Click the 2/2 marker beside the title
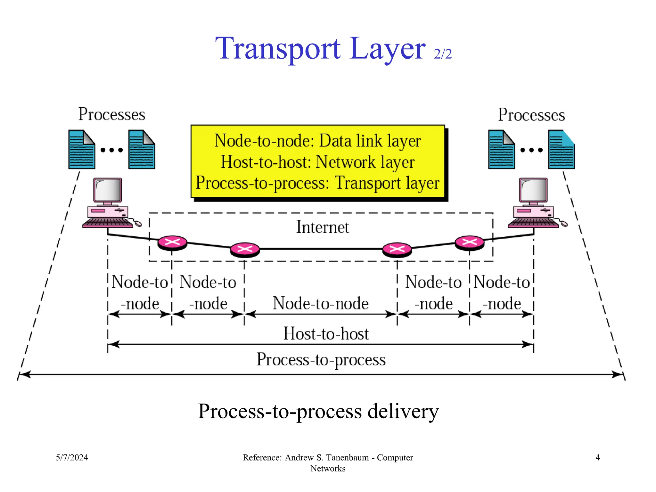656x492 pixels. (443, 54)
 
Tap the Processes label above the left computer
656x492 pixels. (112, 114)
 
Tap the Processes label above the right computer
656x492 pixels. (531, 115)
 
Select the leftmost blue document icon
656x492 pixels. (82, 150)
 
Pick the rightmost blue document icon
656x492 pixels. (562, 150)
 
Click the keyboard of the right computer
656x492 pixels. (533, 223)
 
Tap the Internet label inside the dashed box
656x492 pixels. (322, 227)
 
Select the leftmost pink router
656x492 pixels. (172, 242)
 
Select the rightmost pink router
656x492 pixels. (470, 242)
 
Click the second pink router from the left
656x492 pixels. (245, 250)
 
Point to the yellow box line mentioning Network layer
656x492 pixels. (318, 162)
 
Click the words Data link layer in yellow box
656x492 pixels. (370, 141)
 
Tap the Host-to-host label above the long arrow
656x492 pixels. (326, 334)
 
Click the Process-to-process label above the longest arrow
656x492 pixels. (321, 359)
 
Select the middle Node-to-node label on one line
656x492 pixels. (321, 303)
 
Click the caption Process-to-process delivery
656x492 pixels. (318, 411)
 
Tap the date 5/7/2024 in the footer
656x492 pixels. (72, 457)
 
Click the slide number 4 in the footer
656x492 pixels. (597, 457)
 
